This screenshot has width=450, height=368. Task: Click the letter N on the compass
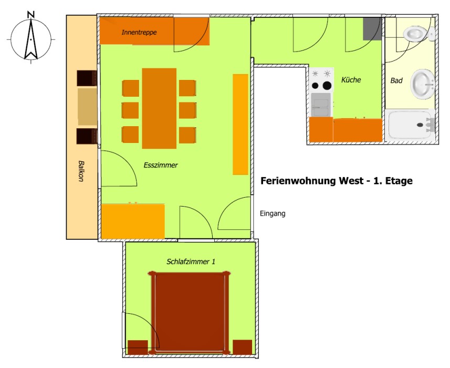30,14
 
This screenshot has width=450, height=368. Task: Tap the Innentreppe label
139,32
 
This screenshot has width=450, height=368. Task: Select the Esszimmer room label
161,165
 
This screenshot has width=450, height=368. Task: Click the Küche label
351,79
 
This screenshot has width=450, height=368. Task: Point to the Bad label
396,80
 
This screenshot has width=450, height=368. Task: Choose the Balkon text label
81,171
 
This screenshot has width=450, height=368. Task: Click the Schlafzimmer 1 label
191,262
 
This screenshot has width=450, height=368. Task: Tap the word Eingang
273,214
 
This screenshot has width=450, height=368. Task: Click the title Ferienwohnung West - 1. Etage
337,181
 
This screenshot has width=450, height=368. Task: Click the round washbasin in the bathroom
423,84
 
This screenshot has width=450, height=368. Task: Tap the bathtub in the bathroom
411,125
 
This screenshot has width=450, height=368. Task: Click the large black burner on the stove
327,85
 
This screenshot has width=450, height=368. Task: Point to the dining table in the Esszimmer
159,108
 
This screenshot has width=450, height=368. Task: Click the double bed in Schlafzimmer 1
190,312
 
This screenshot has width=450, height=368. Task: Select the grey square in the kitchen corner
372,29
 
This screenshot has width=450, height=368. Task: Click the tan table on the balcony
87,107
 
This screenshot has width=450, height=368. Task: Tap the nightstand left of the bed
138,347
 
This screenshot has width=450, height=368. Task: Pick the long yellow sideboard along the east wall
240,125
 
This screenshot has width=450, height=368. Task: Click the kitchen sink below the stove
321,105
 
